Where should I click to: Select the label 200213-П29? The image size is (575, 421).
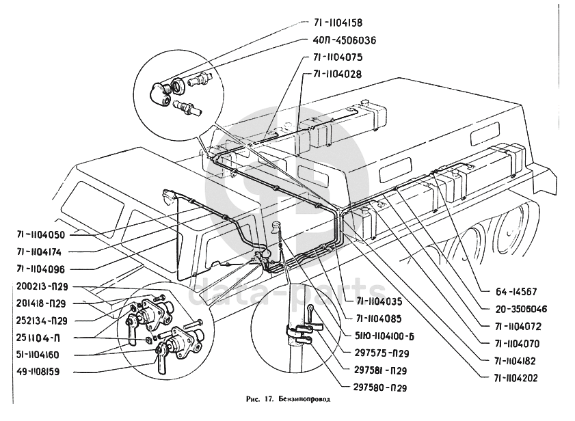pos(42,287)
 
